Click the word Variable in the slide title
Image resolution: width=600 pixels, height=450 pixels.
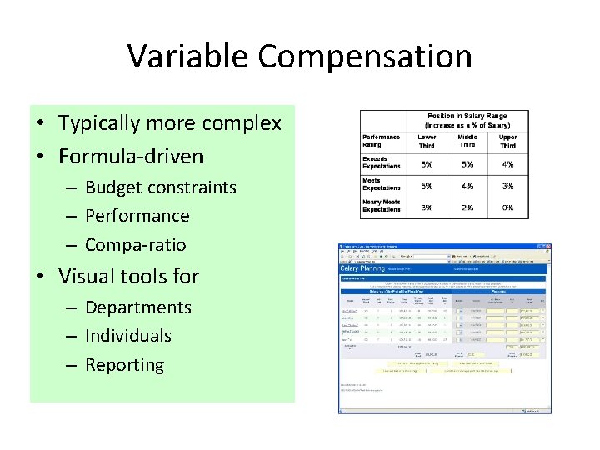click(188, 57)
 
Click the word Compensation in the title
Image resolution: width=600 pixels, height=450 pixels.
click(365, 57)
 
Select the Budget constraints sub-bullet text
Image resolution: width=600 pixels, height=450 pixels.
click(161, 187)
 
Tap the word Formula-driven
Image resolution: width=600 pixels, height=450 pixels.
click(131, 156)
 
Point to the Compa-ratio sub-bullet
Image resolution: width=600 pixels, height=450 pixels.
click(136, 245)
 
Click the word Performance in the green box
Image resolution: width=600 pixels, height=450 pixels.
click(137, 216)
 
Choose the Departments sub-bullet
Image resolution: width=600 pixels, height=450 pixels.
click(138, 307)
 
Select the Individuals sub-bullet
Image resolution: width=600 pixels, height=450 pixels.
click(128, 336)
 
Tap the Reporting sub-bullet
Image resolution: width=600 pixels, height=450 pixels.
click(125, 365)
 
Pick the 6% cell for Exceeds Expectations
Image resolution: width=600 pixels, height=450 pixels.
click(427, 165)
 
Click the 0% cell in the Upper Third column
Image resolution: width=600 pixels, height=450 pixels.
click(507, 207)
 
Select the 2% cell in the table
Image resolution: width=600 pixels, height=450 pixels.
click(467, 207)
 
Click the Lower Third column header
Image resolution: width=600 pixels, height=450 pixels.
click(427, 141)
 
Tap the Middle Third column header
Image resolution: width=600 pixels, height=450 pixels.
click(467, 141)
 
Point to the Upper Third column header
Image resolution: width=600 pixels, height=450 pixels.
click(507, 141)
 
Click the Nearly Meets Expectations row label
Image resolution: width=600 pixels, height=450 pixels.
click(382, 206)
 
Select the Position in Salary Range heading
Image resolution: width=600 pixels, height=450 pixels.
click(467, 120)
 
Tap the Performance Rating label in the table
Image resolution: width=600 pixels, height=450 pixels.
click(381, 141)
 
